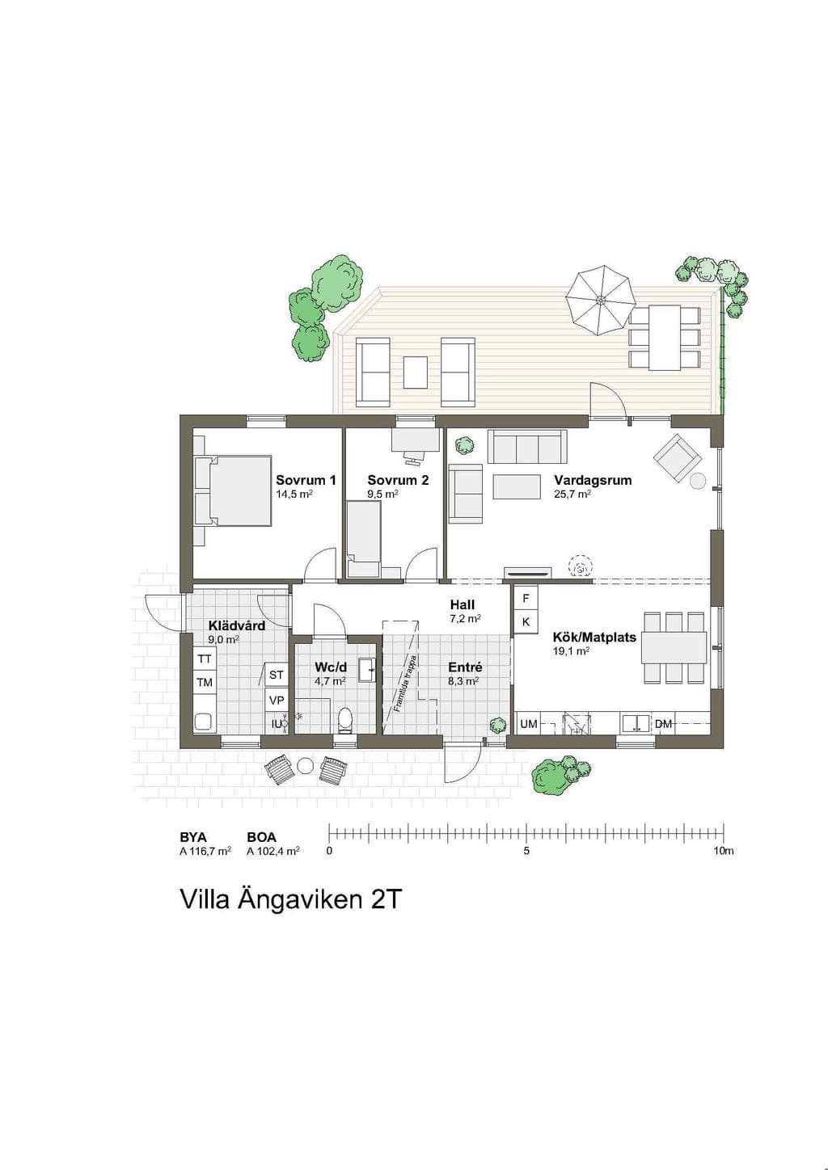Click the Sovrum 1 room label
[x=306, y=480]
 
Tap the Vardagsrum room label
[x=593, y=480]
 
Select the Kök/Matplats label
[x=594, y=638]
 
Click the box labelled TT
[x=205, y=659]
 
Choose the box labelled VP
[x=276, y=700]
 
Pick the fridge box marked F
[x=526, y=599]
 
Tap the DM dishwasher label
[x=663, y=724]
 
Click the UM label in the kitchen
[x=529, y=724]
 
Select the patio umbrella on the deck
[x=601, y=301]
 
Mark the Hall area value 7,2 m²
[x=466, y=618]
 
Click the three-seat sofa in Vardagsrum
[x=527, y=446]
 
